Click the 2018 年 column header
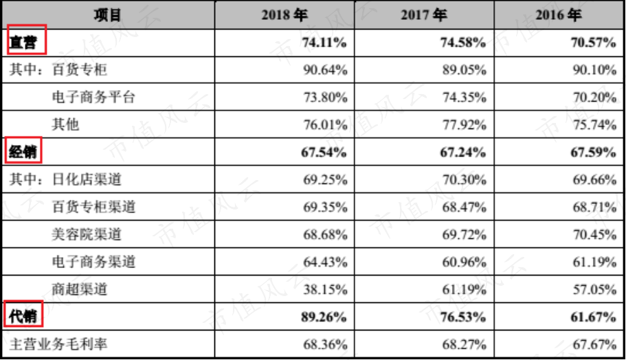point(284,15)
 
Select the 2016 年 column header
point(559,15)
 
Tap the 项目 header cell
point(107,15)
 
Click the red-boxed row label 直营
point(23,42)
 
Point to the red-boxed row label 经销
point(23,152)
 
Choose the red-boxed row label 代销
point(23,317)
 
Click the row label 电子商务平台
point(94,97)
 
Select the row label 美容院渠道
point(87,234)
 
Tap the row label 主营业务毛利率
point(58,344)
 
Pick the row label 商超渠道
point(80,289)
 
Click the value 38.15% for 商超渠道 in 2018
point(325,289)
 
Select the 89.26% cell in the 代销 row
point(324,317)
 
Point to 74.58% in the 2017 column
point(463,43)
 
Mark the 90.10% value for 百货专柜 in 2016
point(594,70)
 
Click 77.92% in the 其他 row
point(465,125)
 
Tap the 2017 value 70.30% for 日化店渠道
point(465,179)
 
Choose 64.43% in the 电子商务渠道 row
point(325,262)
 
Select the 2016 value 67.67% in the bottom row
point(594,344)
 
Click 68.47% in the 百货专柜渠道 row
point(465,207)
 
